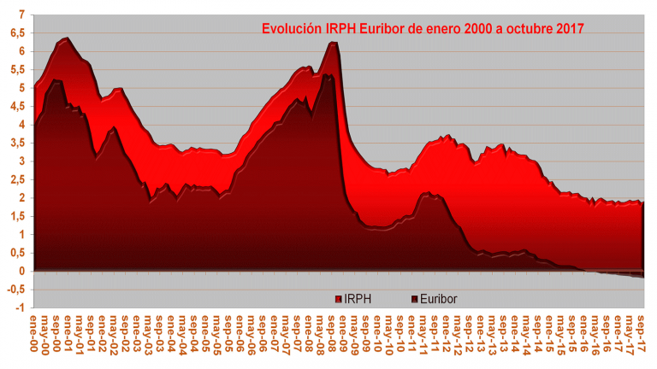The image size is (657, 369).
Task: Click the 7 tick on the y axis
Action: click(21, 15)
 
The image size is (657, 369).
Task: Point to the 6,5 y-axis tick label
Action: click(16, 32)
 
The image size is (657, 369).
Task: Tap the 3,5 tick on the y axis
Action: click(16, 143)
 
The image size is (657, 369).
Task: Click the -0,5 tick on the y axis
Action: click(15, 290)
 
